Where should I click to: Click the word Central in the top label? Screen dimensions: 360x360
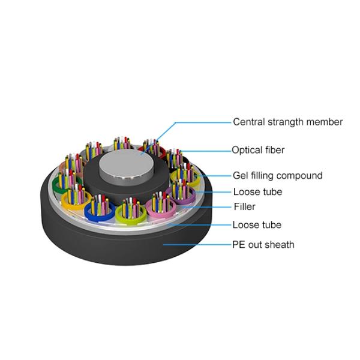[x=249, y=122]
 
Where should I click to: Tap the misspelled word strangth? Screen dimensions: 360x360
[x=289, y=122]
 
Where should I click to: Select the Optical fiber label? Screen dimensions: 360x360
[x=258, y=150]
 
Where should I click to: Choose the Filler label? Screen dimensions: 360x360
[x=244, y=207]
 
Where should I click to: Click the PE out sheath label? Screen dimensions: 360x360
[x=263, y=244]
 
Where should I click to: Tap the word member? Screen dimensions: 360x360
[x=326, y=122]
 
